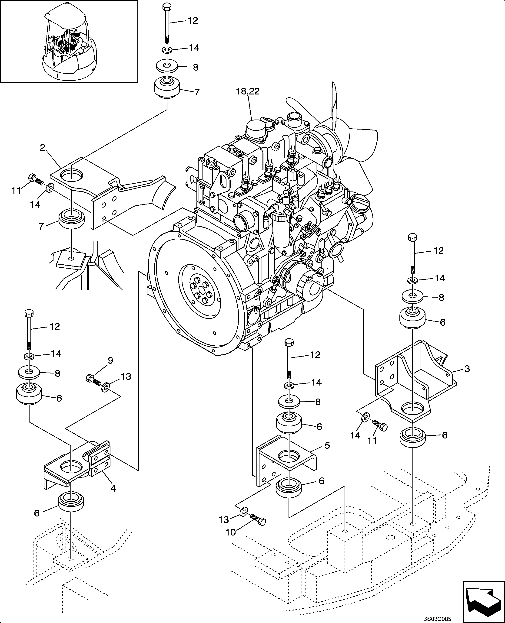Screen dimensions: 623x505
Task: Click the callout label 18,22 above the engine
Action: [248, 91]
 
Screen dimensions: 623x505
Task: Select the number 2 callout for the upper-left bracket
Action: [43, 148]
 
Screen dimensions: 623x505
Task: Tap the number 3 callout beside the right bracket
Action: [467, 369]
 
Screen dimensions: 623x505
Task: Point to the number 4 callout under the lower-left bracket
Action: [113, 489]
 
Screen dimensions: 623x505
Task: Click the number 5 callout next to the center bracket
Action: [327, 445]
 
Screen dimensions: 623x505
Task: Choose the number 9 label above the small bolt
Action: [110, 360]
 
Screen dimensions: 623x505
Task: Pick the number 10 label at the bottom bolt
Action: [230, 532]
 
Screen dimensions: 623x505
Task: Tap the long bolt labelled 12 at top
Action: [167, 23]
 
